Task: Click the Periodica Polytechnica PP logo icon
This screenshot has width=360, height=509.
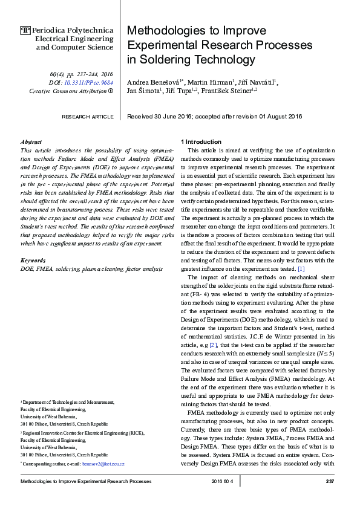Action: pyautogui.click(x=25, y=30)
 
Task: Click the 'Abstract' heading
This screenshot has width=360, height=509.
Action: pyautogui.click(x=31, y=141)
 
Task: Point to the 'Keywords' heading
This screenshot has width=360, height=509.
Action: pyautogui.click(x=33, y=260)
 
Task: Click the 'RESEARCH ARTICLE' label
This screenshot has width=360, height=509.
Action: pyautogui.click(x=88, y=116)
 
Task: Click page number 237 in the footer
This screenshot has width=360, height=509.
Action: pyautogui.click(x=330, y=481)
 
